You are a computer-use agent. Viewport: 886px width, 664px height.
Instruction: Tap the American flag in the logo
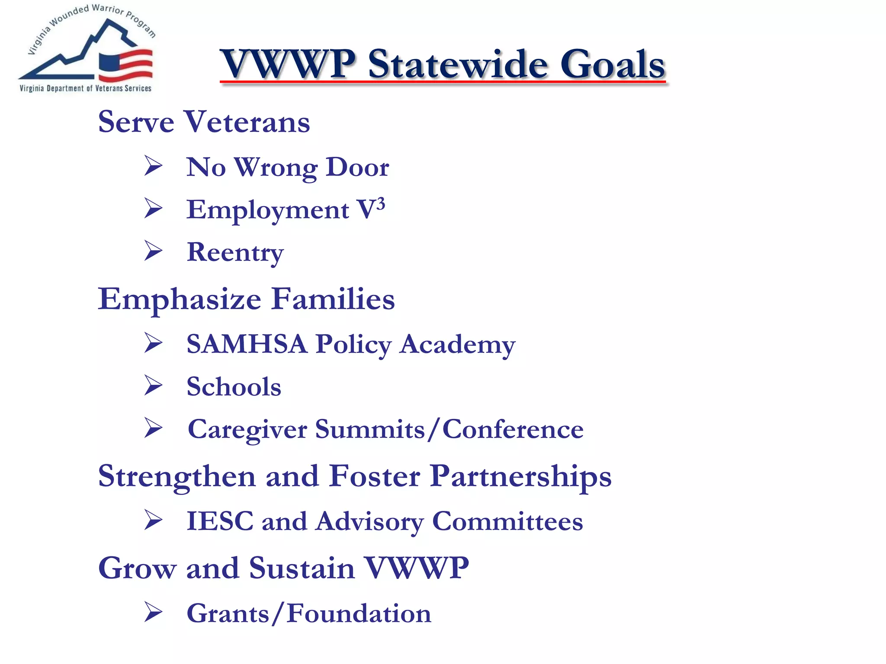pos(126,65)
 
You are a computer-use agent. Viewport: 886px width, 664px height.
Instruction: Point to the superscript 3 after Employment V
pos(380,203)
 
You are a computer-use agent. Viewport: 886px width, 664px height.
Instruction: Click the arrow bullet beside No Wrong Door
pos(153,166)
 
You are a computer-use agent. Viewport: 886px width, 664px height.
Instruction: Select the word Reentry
pos(235,252)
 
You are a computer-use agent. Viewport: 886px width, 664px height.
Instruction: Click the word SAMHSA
pos(247,344)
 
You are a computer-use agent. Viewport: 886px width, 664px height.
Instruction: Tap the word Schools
pos(234,386)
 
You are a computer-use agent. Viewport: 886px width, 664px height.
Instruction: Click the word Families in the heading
pos(333,299)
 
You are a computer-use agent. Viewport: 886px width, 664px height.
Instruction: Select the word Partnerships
pos(520,476)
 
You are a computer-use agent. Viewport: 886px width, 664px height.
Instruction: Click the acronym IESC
pos(220,521)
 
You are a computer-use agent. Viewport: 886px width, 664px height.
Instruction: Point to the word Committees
pos(507,521)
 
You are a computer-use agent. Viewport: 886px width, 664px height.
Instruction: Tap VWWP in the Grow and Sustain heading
pos(416,568)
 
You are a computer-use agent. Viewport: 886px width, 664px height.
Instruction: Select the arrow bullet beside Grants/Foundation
pos(153,612)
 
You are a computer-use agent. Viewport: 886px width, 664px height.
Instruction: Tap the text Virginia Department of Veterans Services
pos(86,88)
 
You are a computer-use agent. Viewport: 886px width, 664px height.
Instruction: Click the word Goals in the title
pos(612,65)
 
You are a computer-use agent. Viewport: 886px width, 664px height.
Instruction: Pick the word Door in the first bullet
pos(357,167)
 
